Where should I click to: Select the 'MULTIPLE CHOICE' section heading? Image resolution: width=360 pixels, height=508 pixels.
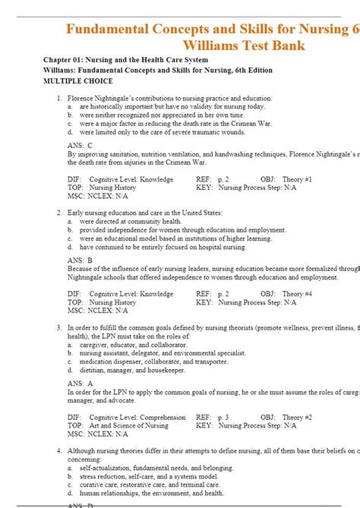[77, 81]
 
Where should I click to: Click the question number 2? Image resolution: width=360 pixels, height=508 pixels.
[58, 213]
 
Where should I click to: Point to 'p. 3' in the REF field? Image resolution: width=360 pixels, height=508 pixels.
[223, 417]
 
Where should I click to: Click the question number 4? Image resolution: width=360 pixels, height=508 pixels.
[58, 451]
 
